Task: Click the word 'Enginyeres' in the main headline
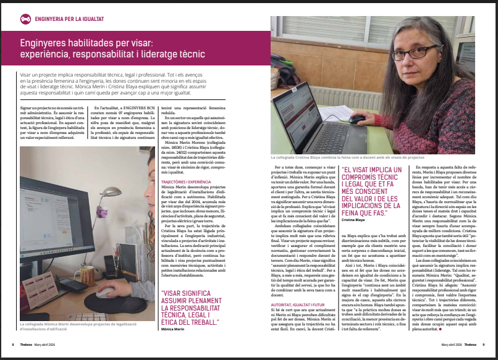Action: coord(44,44)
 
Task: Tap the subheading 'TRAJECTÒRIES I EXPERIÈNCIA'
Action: coord(187,183)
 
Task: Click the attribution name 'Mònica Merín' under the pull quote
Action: coord(173,330)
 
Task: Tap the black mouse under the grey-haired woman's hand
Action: coord(357,118)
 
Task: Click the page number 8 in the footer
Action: coord(13,345)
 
